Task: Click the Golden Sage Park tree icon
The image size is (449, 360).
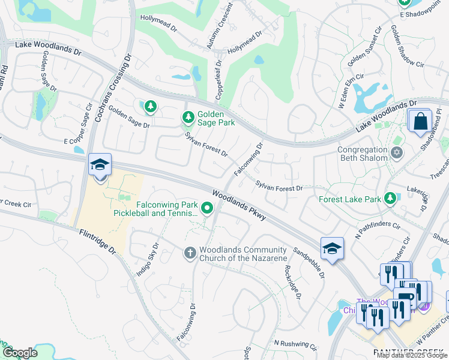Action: [x=188, y=116]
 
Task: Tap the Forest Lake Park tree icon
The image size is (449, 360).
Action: [x=390, y=197]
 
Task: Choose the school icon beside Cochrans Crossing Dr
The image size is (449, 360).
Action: [x=100, y=165]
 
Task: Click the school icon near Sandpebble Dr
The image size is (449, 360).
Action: [x=331, y=249]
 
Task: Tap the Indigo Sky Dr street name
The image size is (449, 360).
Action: [x=148, y=259]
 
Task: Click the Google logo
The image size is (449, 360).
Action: [x=19, y=353]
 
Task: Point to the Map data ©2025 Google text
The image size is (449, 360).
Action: [x=412, y=356]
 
